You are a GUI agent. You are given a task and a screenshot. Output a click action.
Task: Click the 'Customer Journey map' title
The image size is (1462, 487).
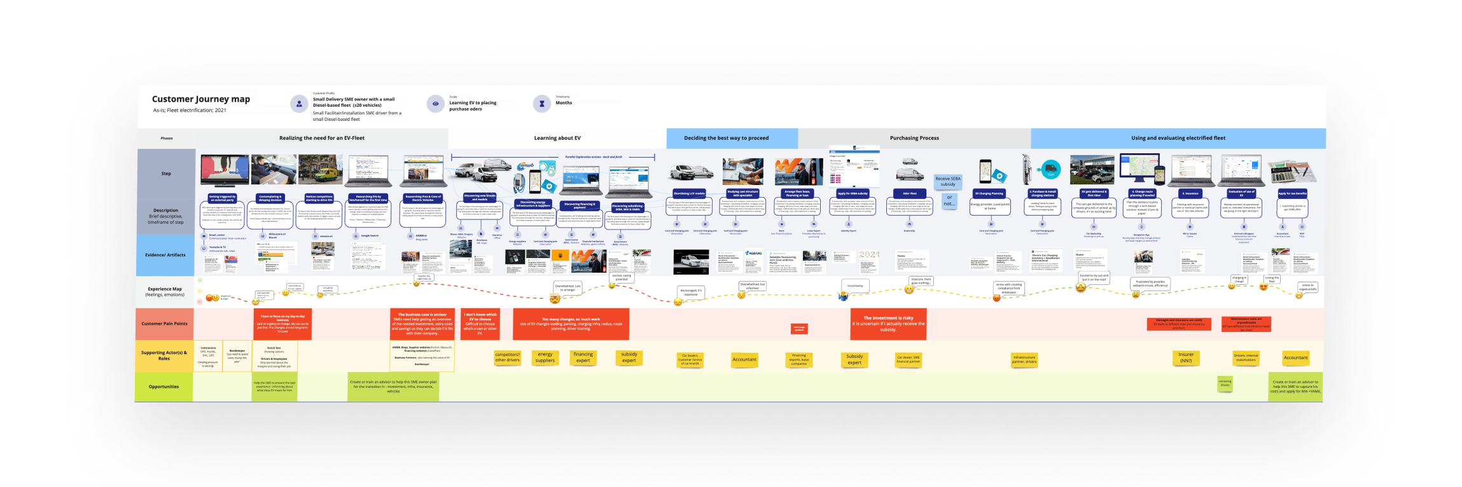[200, 99]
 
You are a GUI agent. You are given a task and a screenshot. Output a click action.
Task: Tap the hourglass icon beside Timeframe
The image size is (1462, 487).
[541, 104]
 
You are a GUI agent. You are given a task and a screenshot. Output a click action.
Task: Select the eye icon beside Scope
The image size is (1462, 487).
[435, 104]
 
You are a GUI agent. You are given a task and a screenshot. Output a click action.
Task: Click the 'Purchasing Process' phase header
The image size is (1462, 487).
[914, 138]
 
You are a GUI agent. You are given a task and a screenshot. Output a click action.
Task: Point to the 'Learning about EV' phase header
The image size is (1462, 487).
[557, 138]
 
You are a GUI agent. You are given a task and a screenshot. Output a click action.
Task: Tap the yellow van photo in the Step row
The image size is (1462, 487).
[798, 172]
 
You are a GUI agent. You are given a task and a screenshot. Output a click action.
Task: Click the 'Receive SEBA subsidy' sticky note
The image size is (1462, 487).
[947, 182]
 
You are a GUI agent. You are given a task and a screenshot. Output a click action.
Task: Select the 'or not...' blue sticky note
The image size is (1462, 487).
[949, 201]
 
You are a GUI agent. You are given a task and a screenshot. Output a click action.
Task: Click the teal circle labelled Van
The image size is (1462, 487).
[1050, 170]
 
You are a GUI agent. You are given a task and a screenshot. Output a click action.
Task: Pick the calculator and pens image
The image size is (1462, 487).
[1293, 171]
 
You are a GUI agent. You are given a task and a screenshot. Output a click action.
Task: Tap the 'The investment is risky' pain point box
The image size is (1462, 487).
[888, 324]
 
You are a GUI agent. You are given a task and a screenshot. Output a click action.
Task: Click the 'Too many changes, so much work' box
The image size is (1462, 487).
[571, 324]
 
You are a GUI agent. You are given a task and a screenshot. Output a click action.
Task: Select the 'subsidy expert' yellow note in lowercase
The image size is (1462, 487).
[629, 357]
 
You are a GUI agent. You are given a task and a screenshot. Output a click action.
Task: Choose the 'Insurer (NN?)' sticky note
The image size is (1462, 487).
[1186, 358]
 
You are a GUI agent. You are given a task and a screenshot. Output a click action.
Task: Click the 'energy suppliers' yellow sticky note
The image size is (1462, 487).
[545, 357]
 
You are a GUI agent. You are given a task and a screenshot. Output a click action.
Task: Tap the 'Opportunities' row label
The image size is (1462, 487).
[164, 387]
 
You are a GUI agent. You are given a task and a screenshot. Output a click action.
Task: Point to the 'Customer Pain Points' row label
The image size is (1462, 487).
[164, 324]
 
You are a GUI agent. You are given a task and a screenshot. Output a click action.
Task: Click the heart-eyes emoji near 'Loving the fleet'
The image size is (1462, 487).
[1264, 287]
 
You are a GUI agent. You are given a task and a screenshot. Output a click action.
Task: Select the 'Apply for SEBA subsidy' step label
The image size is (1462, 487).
[853, 193]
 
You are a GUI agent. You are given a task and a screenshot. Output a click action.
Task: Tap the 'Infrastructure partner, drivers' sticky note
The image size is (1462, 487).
[1024, 359]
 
